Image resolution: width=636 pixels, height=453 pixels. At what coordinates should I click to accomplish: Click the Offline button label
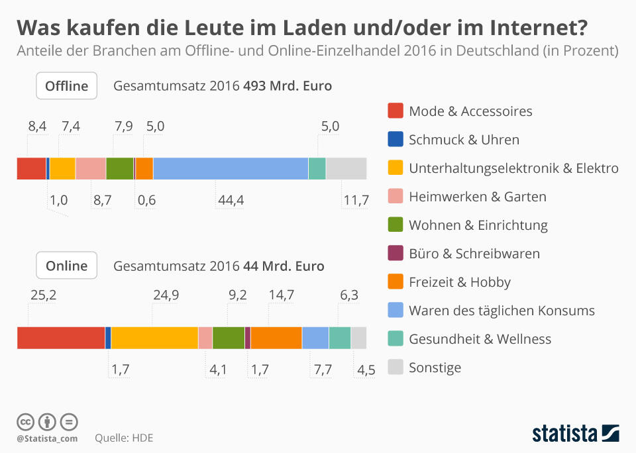click(66, 86)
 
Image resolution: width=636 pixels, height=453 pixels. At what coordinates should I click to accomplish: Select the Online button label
click(66, 266)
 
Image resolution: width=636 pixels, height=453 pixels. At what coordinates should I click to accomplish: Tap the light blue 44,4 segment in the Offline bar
click(231, 169)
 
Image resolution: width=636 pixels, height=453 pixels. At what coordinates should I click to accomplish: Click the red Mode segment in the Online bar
click(60, 338)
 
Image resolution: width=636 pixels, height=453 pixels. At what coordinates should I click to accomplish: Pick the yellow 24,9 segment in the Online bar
click(154, 338)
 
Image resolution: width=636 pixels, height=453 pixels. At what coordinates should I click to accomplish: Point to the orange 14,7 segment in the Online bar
click(276, 338)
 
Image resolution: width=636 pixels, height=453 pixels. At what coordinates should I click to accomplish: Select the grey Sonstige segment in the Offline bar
click(346, 169)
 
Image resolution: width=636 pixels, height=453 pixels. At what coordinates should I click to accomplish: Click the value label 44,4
click(231, 200)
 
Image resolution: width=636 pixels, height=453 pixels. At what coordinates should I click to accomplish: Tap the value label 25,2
click(43, 295)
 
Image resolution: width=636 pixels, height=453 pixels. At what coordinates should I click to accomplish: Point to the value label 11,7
click(354, 200)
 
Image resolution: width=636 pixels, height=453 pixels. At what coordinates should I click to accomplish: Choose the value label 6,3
click(349, 295)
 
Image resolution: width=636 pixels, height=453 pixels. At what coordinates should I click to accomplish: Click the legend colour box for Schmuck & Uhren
click(396, 140)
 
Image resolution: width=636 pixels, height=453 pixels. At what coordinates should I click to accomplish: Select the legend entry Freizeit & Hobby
click(460, 282)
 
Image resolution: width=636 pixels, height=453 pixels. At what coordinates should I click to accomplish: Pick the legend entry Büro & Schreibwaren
click(474, 254)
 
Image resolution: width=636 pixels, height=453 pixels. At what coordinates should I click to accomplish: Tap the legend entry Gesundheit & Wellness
click(480, 339)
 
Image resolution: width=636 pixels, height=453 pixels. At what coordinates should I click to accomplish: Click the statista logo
click(576, 434)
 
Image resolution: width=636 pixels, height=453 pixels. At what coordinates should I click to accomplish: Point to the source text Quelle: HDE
click(124, 438)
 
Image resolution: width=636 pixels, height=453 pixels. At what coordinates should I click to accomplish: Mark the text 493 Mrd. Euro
click(288, 86)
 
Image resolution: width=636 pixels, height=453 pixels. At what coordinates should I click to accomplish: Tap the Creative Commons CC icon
click(25, 421)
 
